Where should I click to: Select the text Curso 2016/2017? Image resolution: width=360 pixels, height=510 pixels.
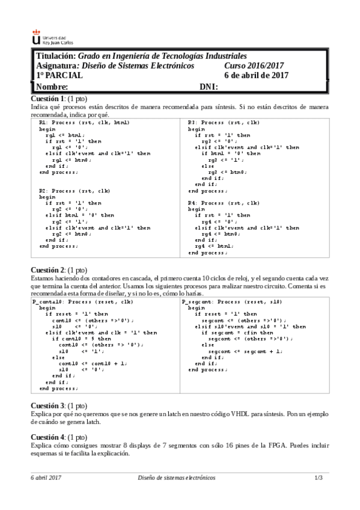[254, 66]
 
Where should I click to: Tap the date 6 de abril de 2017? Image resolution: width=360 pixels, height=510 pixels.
[257, 76]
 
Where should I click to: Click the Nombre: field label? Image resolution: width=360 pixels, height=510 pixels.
[52, 87]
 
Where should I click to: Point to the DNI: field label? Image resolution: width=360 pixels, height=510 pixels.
[209, 87]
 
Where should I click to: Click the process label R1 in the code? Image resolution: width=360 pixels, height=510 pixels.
[43, 123]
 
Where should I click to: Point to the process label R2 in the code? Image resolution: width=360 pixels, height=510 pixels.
[43, 191]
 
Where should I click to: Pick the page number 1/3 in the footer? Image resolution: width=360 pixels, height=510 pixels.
[319, 478]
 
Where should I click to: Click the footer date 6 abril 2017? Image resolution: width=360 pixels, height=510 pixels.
[46, 478]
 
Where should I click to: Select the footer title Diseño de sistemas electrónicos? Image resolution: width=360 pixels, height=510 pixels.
[176, 478]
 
